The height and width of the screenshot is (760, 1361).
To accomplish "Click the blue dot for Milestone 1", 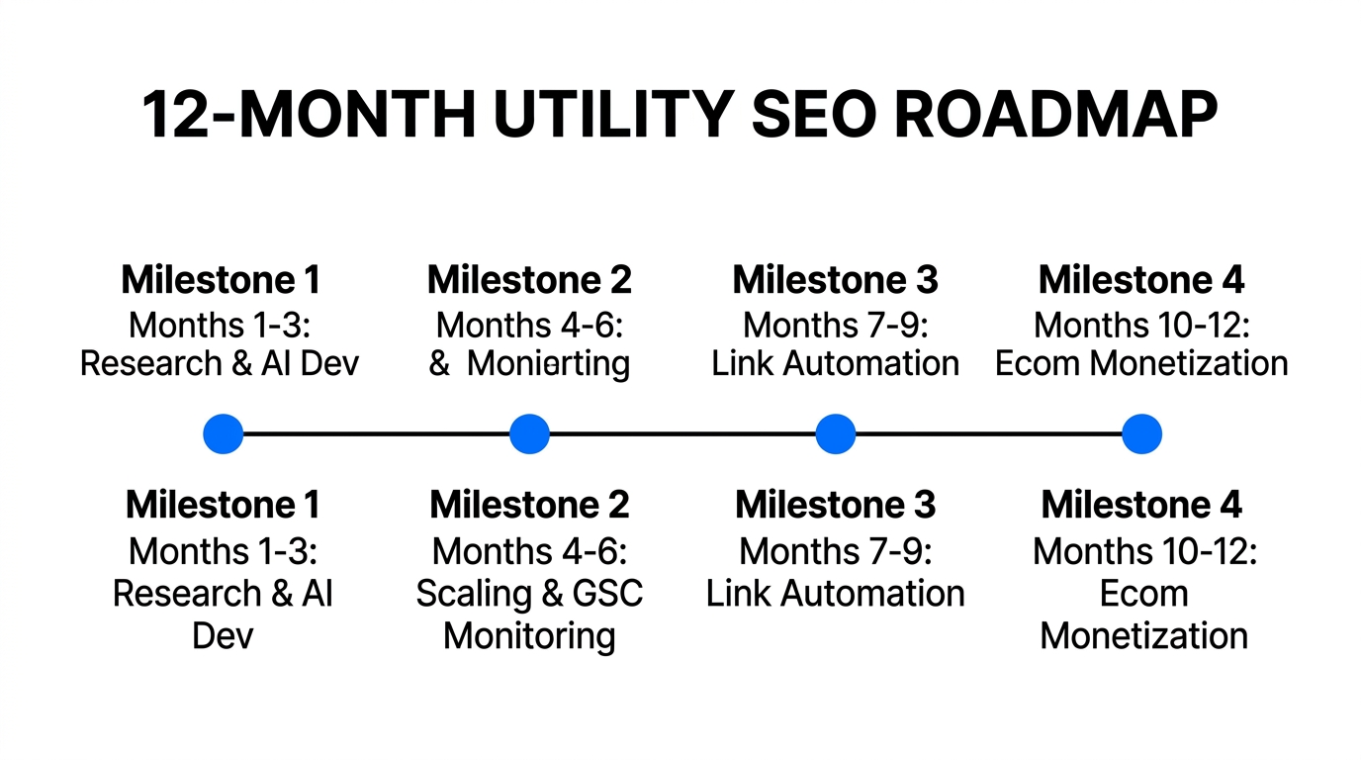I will click(x=223, y=434).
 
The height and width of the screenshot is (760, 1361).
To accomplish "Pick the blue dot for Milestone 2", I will click(x=529, y=434).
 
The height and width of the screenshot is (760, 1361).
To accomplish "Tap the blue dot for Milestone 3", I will click(x=836, y=434).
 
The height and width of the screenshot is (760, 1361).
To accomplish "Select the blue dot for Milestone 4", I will click(x=1141, y=434).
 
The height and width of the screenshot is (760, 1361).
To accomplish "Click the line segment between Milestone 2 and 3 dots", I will click(x=682, y=434).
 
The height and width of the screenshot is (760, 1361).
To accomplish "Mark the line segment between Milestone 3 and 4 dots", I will click(x=989, y=434).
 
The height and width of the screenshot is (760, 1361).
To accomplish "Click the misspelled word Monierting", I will click(x=548, y=364).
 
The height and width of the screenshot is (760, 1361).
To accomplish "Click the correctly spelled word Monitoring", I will click(x=529, y=635).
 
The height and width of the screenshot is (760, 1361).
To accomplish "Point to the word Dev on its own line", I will click(x=223, y=635).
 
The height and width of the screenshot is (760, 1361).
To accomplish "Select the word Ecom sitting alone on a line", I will click(x=1143, y=594).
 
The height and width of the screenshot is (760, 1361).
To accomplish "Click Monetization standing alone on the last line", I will click(x=1143, y=635).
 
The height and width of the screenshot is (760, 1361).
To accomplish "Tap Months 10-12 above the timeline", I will click(x=1141, y=324).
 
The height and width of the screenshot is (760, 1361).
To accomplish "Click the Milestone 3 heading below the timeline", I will click(x=836, y=506).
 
